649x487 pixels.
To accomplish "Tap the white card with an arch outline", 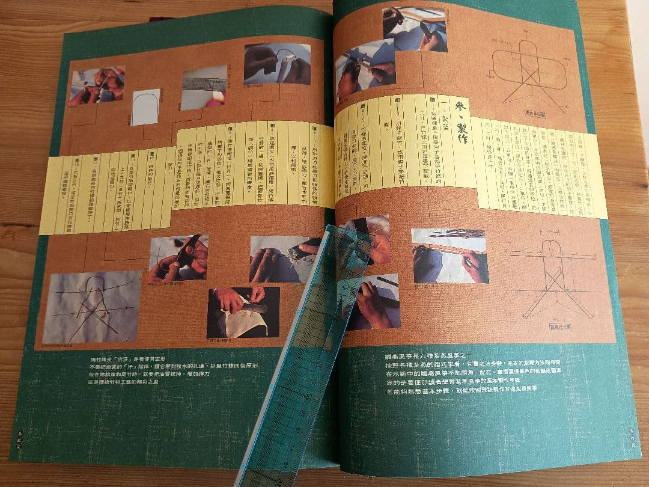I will click(145, 106).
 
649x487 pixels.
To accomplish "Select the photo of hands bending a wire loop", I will click(277, 64).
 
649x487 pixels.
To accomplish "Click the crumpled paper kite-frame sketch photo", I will click(91, 307).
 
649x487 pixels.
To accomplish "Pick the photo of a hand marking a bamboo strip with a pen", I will click(449, 256).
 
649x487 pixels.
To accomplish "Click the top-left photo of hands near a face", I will click(97, 85).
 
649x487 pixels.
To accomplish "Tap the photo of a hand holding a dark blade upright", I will click(178, 257).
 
